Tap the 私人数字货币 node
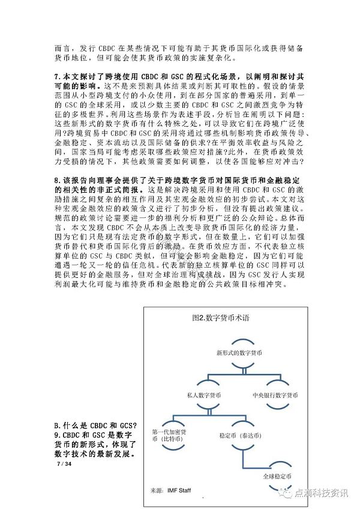click(203, 396)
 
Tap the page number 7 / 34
click(63, 465)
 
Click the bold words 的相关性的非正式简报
click(96, 190)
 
